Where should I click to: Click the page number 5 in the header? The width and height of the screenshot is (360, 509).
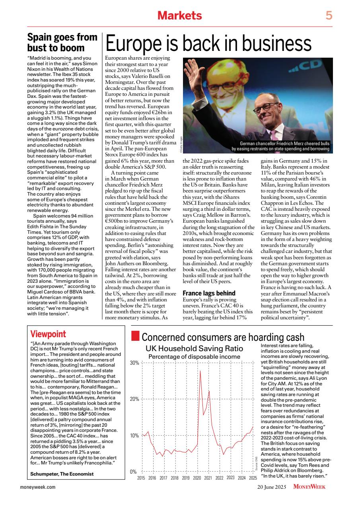click(x=329, y=16)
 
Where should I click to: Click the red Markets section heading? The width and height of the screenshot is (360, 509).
click(x=179, y=16)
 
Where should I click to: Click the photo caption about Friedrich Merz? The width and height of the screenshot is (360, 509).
click(x=280, y=146)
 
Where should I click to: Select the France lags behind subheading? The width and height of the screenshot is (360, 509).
click(x=209, y=293)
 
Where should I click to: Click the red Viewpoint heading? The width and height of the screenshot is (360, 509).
click(x=48, y=334)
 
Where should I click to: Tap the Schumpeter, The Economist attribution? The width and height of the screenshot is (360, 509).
click(x=62, y=474)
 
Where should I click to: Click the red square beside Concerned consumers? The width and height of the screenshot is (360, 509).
click(x=135, y=337)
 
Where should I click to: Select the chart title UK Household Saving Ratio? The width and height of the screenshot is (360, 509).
click(x=194, y=349)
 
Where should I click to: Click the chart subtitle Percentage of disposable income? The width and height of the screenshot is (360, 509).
click(x=194, y=357)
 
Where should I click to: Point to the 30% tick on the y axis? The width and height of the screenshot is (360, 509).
click(x=134, y=363)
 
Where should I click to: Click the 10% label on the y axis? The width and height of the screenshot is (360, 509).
click(x=134, y=435)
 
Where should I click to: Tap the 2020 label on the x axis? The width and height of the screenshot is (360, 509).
click(x=197, y=478)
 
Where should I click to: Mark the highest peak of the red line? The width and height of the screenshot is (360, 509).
click(x=200, y=371)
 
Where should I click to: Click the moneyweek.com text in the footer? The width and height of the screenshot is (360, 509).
click(x=38, y=486)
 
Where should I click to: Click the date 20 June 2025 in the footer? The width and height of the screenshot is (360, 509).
click(x=273, y=486)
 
